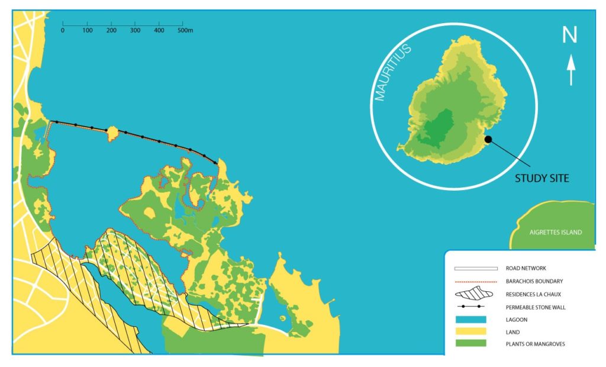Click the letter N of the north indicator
tap(569, 36)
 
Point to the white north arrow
tap(571, 70)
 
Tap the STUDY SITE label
tap(541, 178)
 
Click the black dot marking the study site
tap(488, 140)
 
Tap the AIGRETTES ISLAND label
tap(555, 233)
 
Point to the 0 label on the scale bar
tap(63, 30)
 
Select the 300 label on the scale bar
tap(136, 30)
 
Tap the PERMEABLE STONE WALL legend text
tap(533, 307)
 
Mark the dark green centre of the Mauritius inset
tap(439, 127)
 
